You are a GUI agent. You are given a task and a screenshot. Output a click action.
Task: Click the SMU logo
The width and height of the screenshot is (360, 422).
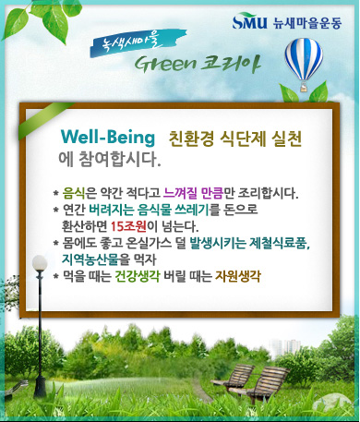click(249, 21)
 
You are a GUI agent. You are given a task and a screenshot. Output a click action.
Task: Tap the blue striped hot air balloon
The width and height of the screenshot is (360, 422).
click(304, 59)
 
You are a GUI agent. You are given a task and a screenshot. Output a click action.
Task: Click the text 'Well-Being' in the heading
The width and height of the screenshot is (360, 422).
click(108, 138)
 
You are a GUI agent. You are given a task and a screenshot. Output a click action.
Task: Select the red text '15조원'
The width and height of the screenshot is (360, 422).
click(128, 226)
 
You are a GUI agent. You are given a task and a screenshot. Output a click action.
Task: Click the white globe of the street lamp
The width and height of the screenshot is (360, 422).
click(40, 263)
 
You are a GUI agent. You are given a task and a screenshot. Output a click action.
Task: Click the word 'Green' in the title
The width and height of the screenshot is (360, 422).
click(165, 64)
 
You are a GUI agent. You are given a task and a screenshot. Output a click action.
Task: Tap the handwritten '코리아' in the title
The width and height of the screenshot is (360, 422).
click(231, 64)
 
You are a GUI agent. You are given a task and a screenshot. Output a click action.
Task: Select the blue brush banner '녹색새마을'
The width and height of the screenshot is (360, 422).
click(138, 42)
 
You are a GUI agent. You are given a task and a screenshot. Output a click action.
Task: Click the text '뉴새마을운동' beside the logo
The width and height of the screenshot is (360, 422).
click(307, 23)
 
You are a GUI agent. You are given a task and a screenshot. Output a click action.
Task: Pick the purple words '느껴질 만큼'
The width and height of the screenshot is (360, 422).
click(193, 193)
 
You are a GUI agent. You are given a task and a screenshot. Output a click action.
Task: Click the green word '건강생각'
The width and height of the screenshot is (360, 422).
click(138, 276)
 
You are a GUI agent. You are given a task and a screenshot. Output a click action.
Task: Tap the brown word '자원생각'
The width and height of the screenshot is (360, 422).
click(238, 276)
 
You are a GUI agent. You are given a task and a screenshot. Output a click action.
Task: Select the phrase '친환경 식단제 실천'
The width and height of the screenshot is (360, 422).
click(235, 139)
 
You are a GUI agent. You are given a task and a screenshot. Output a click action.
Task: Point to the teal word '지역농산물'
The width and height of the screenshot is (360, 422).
click(90, 259)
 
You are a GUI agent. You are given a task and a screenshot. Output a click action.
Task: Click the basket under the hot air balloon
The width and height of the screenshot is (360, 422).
click(303, 88)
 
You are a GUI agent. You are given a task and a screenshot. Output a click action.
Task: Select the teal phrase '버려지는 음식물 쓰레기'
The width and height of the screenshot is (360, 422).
click(149, 210)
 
